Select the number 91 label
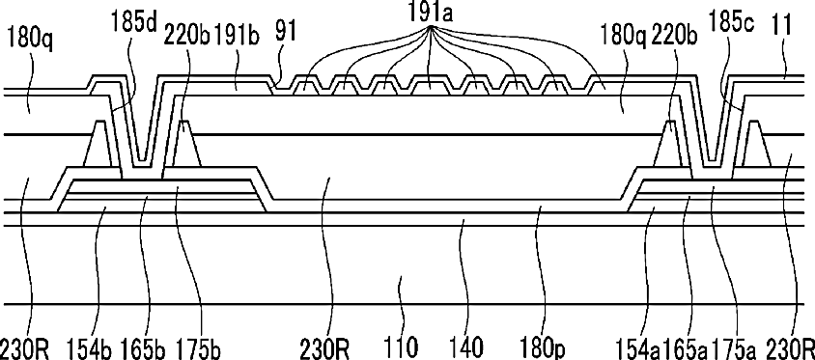click(286, 32)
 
